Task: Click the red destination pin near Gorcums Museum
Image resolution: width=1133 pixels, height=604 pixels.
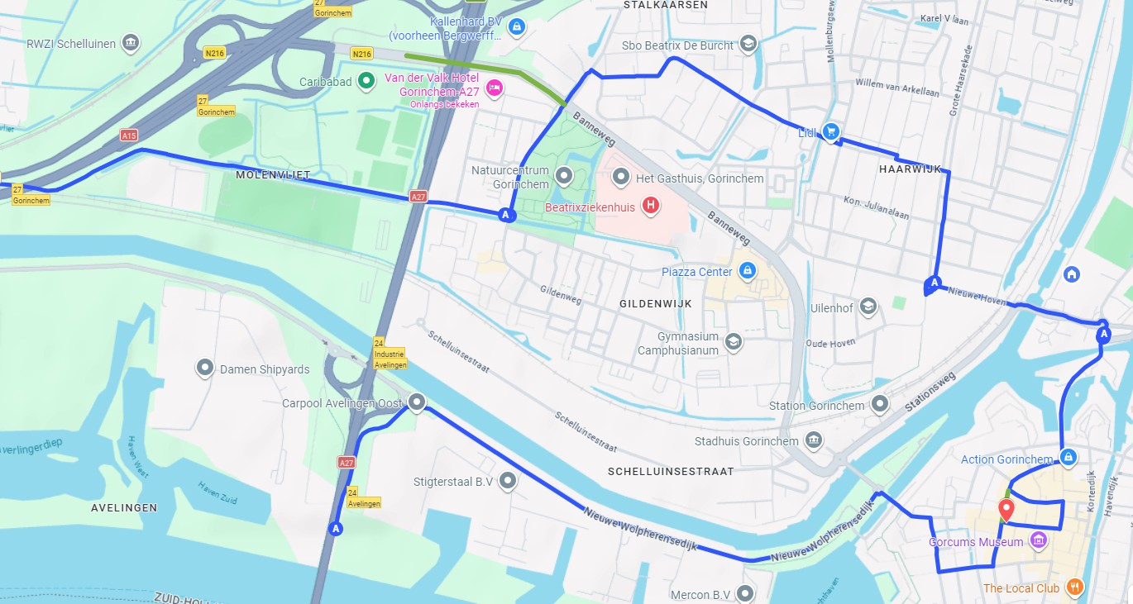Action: (x=1006, y=509)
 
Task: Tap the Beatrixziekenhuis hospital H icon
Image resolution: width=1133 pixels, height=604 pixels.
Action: (x=651, y=206)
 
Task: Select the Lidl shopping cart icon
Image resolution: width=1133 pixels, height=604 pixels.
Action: (x=831, y=131)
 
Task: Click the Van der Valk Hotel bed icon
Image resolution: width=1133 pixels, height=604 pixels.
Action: (x=494, y=88)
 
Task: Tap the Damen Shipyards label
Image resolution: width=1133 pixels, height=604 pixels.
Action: (x=264, y=369)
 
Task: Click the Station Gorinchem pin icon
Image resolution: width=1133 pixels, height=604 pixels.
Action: (x=880, y=404)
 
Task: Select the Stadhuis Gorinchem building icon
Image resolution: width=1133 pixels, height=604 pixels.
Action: (x=815, y=440)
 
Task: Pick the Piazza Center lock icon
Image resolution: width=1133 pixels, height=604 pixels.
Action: (x=747, y=271)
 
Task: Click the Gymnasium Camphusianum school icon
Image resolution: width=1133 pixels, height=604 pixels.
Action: (x=733, y=341)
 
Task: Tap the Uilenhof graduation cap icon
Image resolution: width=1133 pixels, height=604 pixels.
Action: (x=868, y=307)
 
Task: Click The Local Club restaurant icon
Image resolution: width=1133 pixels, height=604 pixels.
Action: (x=1074, y=587)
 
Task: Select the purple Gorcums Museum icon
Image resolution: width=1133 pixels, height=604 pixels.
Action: (x=1039, y=541)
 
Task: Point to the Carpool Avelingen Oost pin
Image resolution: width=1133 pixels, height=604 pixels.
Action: (x=417, y=402)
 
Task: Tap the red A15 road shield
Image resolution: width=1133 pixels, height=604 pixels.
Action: (x=128, y=135)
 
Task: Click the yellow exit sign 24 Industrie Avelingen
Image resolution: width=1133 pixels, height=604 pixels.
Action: (x=388, y=354)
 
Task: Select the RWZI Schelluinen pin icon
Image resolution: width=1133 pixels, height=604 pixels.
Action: (x=130, y=42)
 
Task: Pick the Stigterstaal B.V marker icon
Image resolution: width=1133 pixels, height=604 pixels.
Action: (x=507, y=480)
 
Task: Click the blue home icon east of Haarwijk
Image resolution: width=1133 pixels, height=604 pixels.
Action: (x=1072, y=273)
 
